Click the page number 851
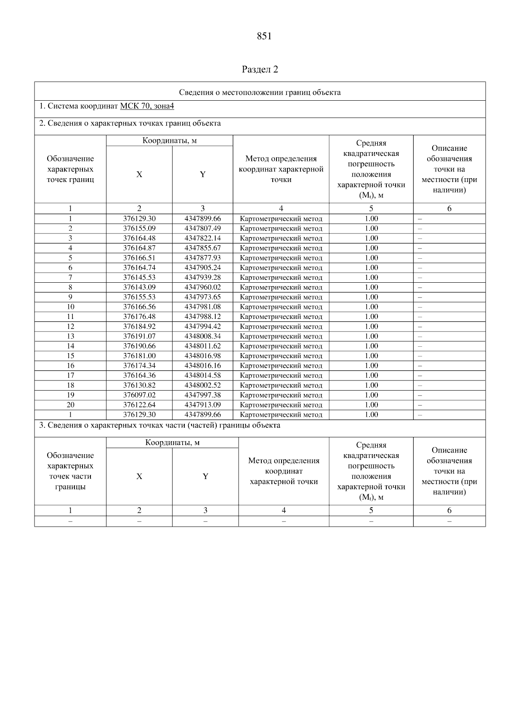coord(264,36)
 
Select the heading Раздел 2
coord(260,70)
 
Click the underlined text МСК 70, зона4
coord(147,106)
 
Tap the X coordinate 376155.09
coord(139,228)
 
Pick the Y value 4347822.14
coord(202,238)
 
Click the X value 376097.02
coord(139,395)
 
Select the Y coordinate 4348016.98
coord(202,356)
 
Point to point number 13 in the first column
coord(70,336)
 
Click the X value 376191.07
coord(139,336)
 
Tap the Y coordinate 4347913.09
coord(202,405)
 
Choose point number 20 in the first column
coord(70,405)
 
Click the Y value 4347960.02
coord(202,287)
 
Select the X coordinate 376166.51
coord(139,258)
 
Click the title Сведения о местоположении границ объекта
coord(260,93)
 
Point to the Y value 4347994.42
coord(202,327)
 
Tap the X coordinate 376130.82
coord(139,385)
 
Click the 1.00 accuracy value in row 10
coord(371,307)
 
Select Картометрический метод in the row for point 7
coord(281,278)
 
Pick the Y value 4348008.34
coord(202,336)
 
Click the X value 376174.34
coord(139,366)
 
